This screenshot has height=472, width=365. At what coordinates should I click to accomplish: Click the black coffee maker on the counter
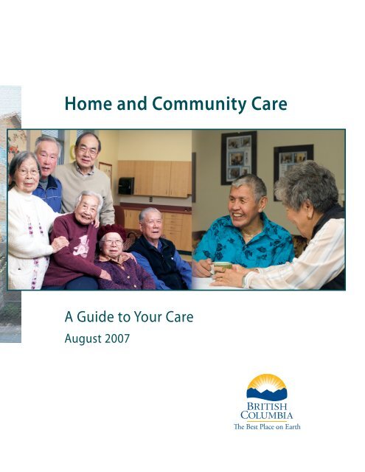pos(125,185)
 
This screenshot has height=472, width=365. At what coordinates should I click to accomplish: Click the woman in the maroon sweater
pos(74,243)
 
